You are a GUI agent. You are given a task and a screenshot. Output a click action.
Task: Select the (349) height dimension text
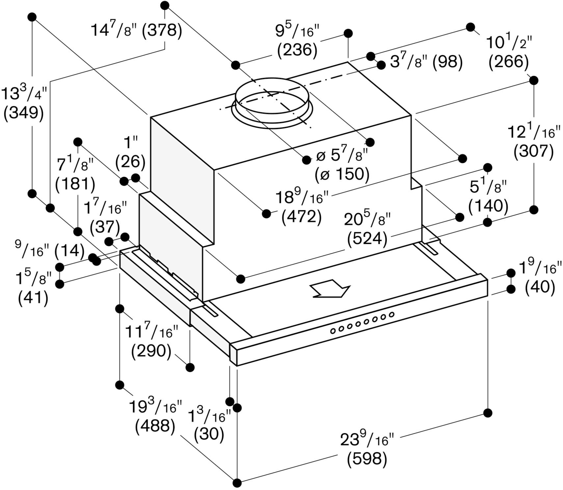[23, 113]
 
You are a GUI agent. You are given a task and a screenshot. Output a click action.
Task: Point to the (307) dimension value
[533, 151]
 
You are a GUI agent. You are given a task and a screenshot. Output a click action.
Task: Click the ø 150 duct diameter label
[342, 174]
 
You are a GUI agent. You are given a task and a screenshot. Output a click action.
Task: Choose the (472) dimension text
[301, 217]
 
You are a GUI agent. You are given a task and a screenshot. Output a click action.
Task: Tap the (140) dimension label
[488, 206]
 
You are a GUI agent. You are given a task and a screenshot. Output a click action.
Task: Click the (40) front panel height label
[540, 287]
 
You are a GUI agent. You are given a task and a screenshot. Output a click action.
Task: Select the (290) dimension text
[151, 352]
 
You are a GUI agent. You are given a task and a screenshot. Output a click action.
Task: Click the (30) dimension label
[209, 434]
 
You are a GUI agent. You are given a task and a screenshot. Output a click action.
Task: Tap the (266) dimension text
[509, 62]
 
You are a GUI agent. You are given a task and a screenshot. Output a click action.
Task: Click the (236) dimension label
[297, 50]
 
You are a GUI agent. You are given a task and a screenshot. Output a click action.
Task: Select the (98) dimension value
[448, 62]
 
